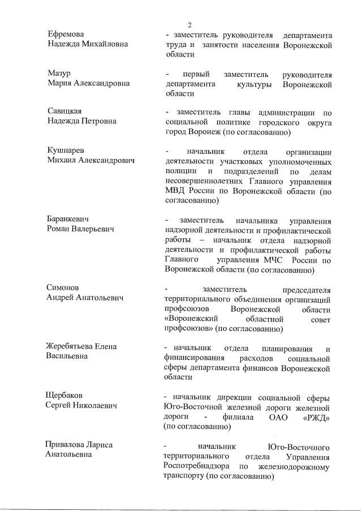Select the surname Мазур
[57, 74]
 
